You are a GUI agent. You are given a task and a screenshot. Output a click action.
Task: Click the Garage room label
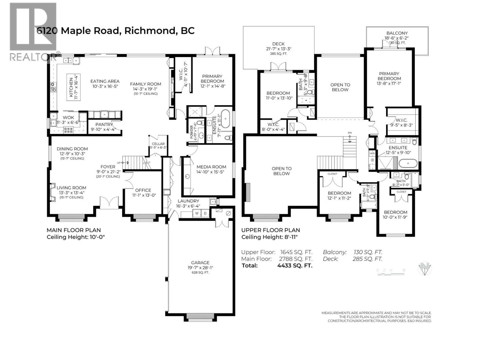click(x=200, y=262)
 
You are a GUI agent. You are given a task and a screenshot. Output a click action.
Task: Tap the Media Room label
click(x=211, y=167)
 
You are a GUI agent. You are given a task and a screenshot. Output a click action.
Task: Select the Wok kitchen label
click(x=68, y=118)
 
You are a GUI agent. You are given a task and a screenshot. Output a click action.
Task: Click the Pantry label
click(x=104, y=124)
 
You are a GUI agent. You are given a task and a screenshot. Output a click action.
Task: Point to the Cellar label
click(x=158, y=144)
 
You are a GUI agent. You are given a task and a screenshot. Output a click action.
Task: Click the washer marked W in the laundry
click(x=197, y=213)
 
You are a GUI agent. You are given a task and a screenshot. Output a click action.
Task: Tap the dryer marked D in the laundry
click(x=205, y=213)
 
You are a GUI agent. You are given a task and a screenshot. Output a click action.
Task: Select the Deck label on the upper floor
click(x=278, y=44)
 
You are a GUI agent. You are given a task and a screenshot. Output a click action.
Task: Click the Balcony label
click(x=397, y=33)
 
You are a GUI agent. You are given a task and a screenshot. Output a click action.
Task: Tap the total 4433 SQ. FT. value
click(x=295, y=265)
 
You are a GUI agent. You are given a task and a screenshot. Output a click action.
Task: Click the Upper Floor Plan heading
click(x=271, y=230)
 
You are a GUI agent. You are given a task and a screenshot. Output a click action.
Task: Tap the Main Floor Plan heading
click(x=74, y=230)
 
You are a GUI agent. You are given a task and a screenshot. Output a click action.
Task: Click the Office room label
click(x=143, y=190)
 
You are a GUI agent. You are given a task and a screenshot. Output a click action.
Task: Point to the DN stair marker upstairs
click(x=349, y=133)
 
